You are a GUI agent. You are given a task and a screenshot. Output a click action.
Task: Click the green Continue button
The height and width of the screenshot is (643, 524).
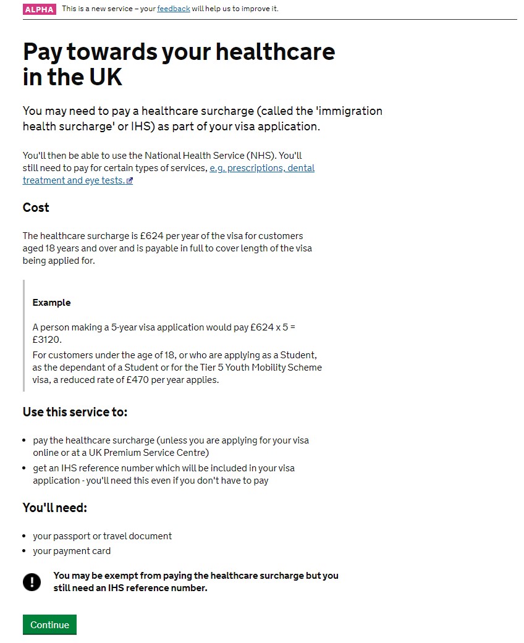49,624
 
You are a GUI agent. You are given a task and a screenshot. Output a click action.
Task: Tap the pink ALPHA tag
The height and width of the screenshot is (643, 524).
40,9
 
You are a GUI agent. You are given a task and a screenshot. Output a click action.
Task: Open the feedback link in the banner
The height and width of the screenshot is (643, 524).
173,9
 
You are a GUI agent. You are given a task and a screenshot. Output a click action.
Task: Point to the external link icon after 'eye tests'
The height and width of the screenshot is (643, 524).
130,181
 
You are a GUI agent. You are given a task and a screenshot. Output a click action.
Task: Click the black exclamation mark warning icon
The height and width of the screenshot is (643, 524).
32,581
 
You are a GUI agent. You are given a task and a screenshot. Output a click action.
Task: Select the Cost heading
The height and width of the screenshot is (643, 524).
36,208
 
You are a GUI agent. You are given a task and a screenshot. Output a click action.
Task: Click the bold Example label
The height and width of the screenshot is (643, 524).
51,303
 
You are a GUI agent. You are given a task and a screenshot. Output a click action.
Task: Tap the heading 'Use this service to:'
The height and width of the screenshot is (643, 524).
75,412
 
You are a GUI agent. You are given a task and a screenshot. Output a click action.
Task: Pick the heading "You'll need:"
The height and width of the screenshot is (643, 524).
55,508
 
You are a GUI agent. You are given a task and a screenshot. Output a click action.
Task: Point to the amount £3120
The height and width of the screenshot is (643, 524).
47,340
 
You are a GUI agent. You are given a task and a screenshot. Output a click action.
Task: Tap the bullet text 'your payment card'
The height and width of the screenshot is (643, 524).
72,551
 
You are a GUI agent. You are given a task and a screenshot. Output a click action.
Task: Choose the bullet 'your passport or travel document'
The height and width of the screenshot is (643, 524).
102,536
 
